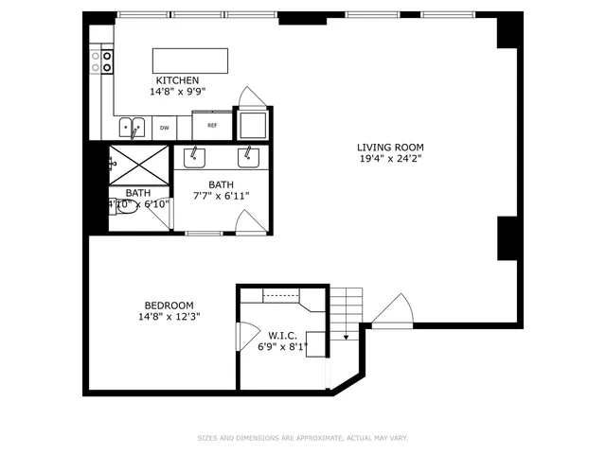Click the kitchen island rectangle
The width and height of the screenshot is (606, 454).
[191, 61]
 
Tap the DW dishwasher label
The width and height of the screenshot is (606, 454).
[164, 128]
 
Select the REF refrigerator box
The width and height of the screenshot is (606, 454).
[212, 125]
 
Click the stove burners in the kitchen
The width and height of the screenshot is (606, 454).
[101, 62]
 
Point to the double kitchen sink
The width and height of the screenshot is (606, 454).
[133, 126]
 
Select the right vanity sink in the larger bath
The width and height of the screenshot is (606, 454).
[249, 154]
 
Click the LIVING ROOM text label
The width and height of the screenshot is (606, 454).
[389, 148]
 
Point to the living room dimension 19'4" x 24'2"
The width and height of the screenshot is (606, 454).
[389, 159]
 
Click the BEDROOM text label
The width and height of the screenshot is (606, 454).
[169, 305]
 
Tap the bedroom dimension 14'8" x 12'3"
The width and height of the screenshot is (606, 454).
[169, 317]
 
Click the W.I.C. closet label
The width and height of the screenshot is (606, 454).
[283, 335]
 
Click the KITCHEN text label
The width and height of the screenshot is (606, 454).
[178, 80]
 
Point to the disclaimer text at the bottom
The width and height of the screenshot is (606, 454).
[302, 438]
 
